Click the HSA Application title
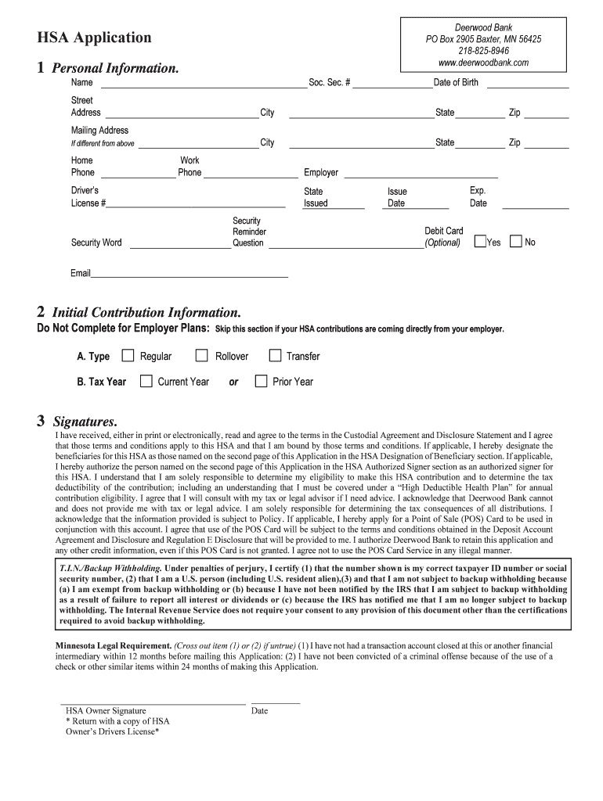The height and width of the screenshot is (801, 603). (x=94, y=38)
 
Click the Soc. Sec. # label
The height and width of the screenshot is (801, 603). (x=329, y=83)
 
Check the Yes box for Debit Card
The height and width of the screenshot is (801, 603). (x=481, y=242)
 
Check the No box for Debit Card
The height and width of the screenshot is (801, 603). (x=516, y=242)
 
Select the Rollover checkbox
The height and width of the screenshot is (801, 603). (x=203, y=356)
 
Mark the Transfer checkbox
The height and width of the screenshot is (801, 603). (x=275, y=356)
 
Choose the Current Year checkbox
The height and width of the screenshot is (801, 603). (x=146, y=382)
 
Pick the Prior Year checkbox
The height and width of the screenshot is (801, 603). (x=261, y=382)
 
